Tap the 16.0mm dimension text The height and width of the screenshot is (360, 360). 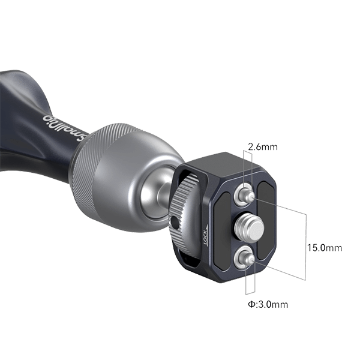(x=325, y=247)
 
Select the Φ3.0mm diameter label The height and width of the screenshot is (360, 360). (x=268, y=305)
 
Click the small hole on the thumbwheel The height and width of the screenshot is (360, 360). (x=173, y=223)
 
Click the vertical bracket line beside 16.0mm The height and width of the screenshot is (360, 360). (x=306, y=247)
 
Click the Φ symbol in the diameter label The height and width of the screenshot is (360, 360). (x=251, y=305)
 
